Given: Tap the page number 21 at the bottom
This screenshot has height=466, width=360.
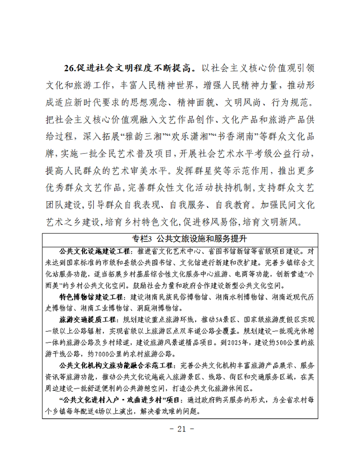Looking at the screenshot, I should [x=180, y=428].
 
